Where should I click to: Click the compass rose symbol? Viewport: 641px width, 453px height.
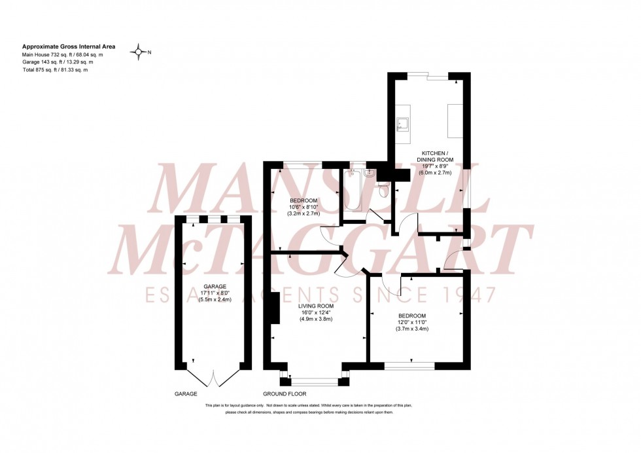coord(139,52)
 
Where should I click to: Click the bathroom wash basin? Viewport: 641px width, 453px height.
coord(369,173)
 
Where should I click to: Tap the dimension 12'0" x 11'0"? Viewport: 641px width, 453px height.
coord(411,322)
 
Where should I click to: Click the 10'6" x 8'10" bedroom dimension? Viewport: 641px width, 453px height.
coord(303,207)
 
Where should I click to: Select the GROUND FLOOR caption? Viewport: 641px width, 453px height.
coord(285,395)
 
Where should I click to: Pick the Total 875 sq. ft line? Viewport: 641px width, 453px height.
coord(55,70)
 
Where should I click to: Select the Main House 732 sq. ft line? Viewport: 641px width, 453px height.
coord(63,55)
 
